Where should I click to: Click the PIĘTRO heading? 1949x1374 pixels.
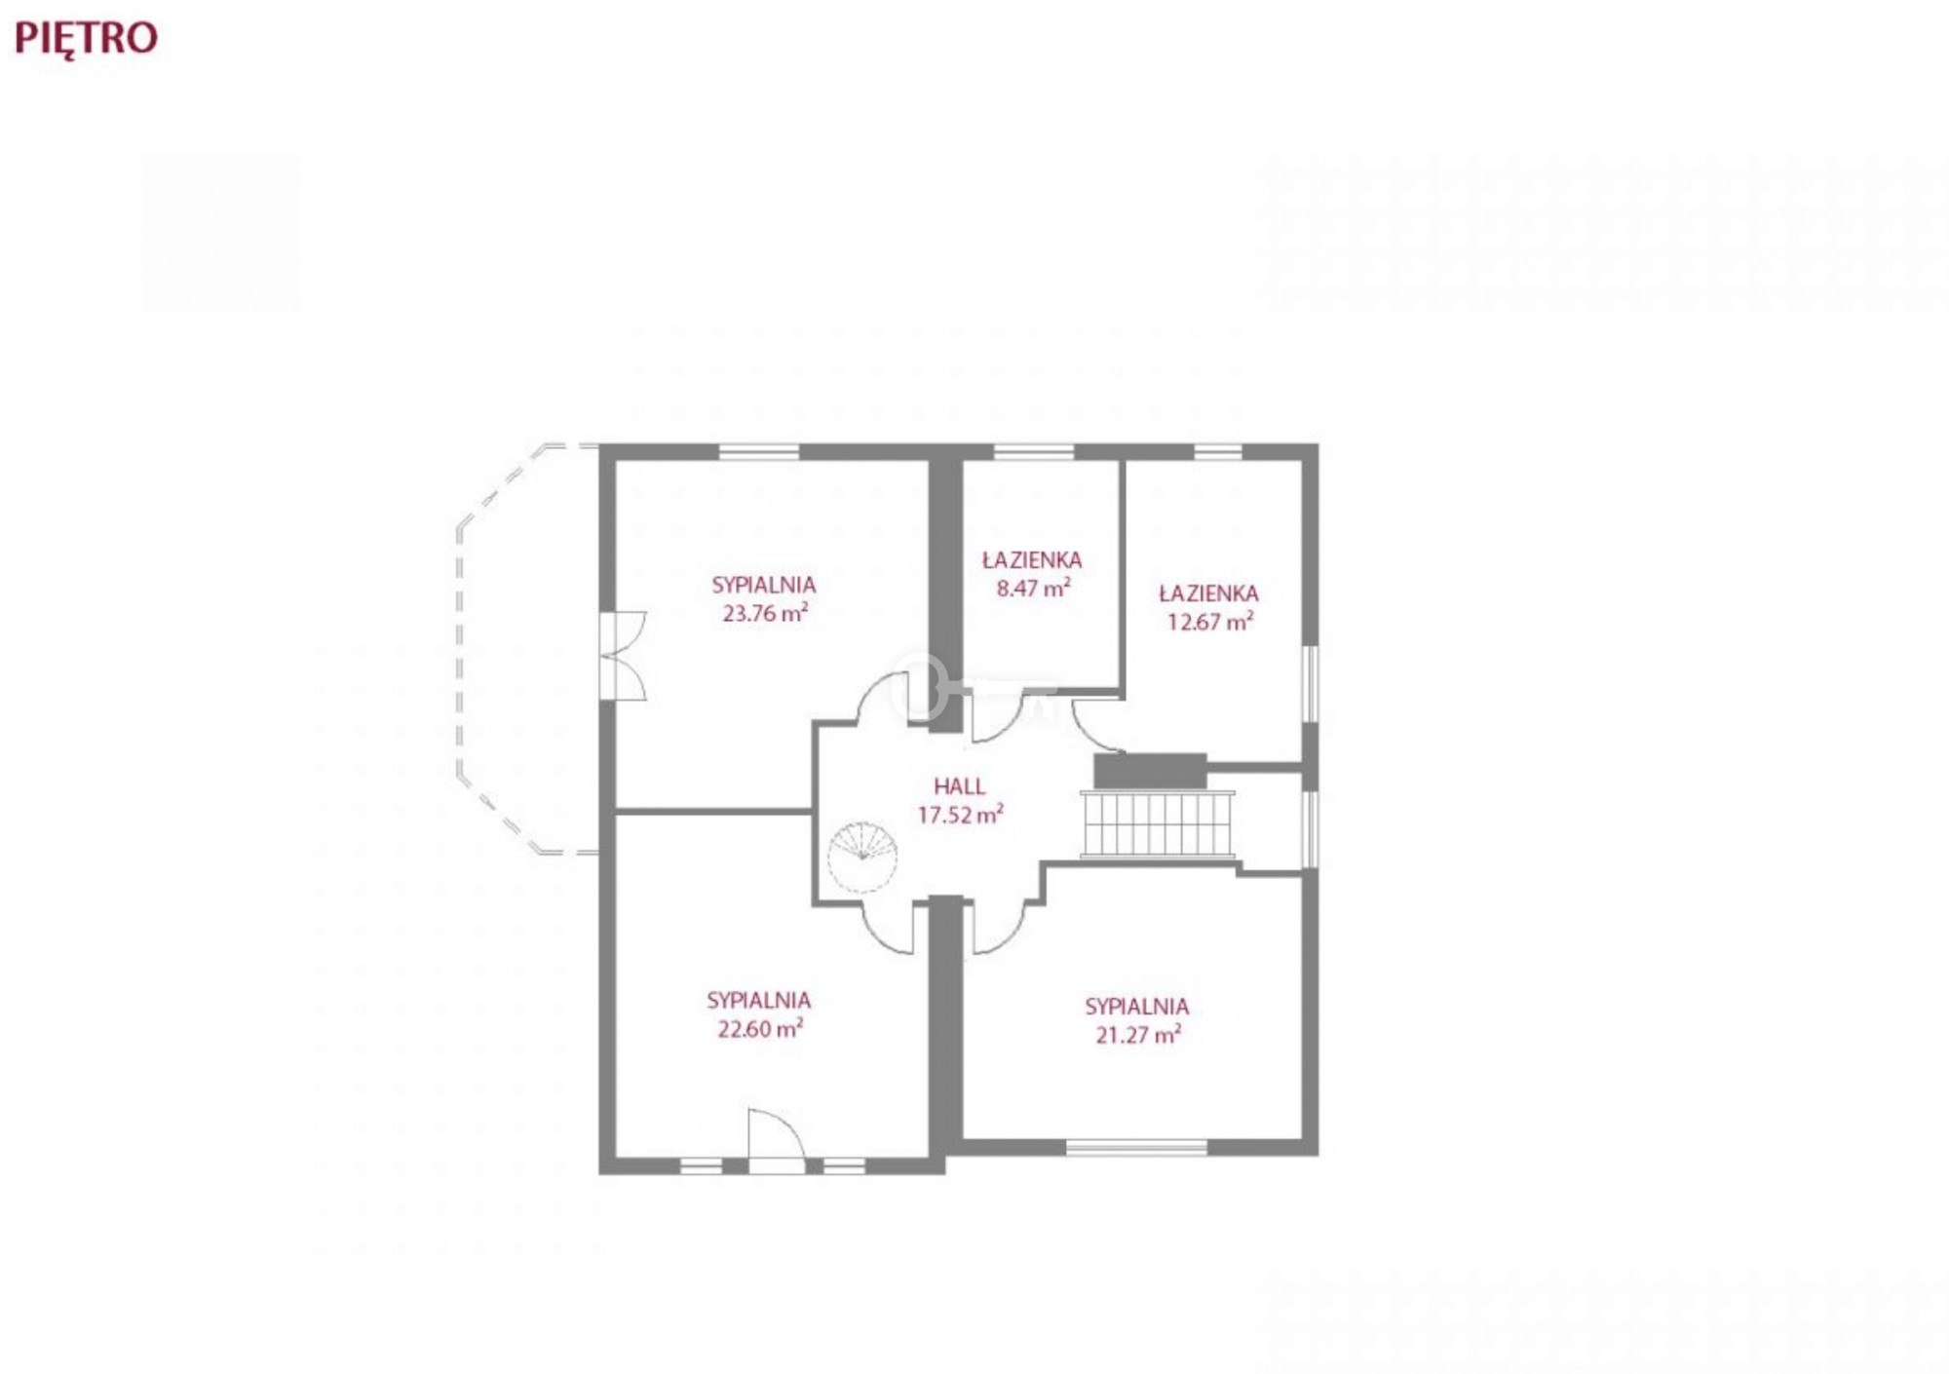click(86, 39)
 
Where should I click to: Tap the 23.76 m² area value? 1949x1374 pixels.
click(765, 613)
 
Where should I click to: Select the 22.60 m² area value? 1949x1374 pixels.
click(760, 1028)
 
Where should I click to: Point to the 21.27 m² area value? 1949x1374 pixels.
click(1138, 1034)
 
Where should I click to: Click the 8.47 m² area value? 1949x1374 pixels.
click(1034, 588)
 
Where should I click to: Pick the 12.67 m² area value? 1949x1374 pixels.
click(1210, 621)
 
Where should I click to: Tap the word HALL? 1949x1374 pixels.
click(960, 786)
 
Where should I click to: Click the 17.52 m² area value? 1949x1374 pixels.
click(961, 815)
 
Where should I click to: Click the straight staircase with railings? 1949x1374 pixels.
click(1158, 824)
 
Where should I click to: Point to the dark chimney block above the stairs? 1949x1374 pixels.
click(1150, 771)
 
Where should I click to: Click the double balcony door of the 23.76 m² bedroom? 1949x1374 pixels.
click(623, 655)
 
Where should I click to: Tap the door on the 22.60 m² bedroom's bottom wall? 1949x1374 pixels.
click(776, 1140)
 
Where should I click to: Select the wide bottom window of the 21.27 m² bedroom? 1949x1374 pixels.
click(1137, 1148)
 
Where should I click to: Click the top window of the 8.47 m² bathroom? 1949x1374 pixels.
click(1034, 451)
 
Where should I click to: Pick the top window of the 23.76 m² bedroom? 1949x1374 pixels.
click(759, 451)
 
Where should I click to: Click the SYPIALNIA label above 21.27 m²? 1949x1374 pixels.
click(1136, 1007)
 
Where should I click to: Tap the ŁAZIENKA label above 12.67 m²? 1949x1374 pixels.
click(1208, 592)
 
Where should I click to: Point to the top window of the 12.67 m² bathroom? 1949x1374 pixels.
click(1218, 451)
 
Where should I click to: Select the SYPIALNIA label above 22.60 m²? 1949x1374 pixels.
click(759, 1000)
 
